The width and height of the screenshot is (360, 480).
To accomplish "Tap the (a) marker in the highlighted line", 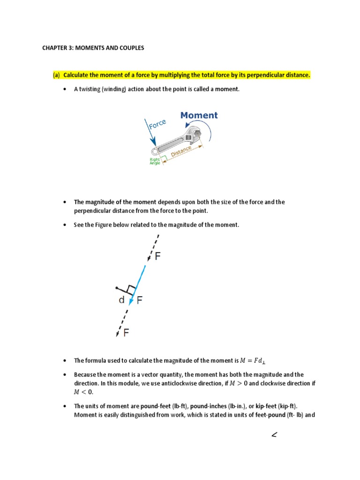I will [56, 75].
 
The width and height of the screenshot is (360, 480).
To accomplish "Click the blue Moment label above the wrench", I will [199, 115].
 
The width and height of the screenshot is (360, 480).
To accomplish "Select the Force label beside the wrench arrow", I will [157, 125].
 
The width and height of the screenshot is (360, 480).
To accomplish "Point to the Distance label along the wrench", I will [181, 151].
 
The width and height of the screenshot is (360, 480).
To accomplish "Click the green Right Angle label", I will [155, 161].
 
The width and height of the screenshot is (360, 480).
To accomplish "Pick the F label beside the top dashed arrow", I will [158, 257].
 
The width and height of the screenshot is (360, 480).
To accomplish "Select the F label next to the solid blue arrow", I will [140, 301].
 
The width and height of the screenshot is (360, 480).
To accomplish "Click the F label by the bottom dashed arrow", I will [127, 333].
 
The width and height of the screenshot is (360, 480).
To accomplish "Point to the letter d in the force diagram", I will [121, 300].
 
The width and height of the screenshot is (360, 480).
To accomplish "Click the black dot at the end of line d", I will [117, 288].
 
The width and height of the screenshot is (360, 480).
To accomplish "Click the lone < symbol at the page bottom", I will [274, 436].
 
